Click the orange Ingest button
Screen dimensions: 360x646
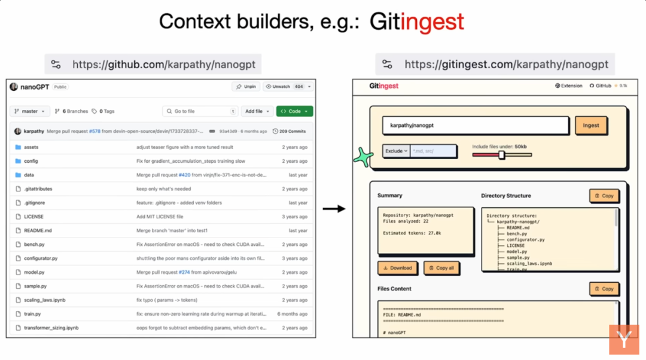coord(591,126)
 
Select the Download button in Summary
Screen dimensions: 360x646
coord(397,268)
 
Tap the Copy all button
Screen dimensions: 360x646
coord(441,268)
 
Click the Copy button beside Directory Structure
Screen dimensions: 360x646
coord(604,196)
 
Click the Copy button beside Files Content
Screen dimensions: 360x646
coord(604,289)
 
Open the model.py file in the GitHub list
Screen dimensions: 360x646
coord(34,272)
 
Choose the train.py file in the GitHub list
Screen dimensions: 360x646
coord(32,314)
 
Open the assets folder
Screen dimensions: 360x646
coord(31,147)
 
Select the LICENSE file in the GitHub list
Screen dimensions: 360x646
coord(33,216)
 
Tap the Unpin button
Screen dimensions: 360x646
coord(246,87)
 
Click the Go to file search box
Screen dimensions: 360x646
coord(200,111)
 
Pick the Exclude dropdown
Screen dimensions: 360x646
coord(396,151)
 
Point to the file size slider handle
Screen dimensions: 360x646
coord(502,155)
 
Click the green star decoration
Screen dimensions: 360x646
coord(363,157)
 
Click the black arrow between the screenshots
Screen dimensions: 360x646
coord(334,209)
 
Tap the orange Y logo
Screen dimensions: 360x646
coord(624,341)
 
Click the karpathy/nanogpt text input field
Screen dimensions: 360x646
coord(475,126)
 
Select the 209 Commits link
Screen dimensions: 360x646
coord(290,131)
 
